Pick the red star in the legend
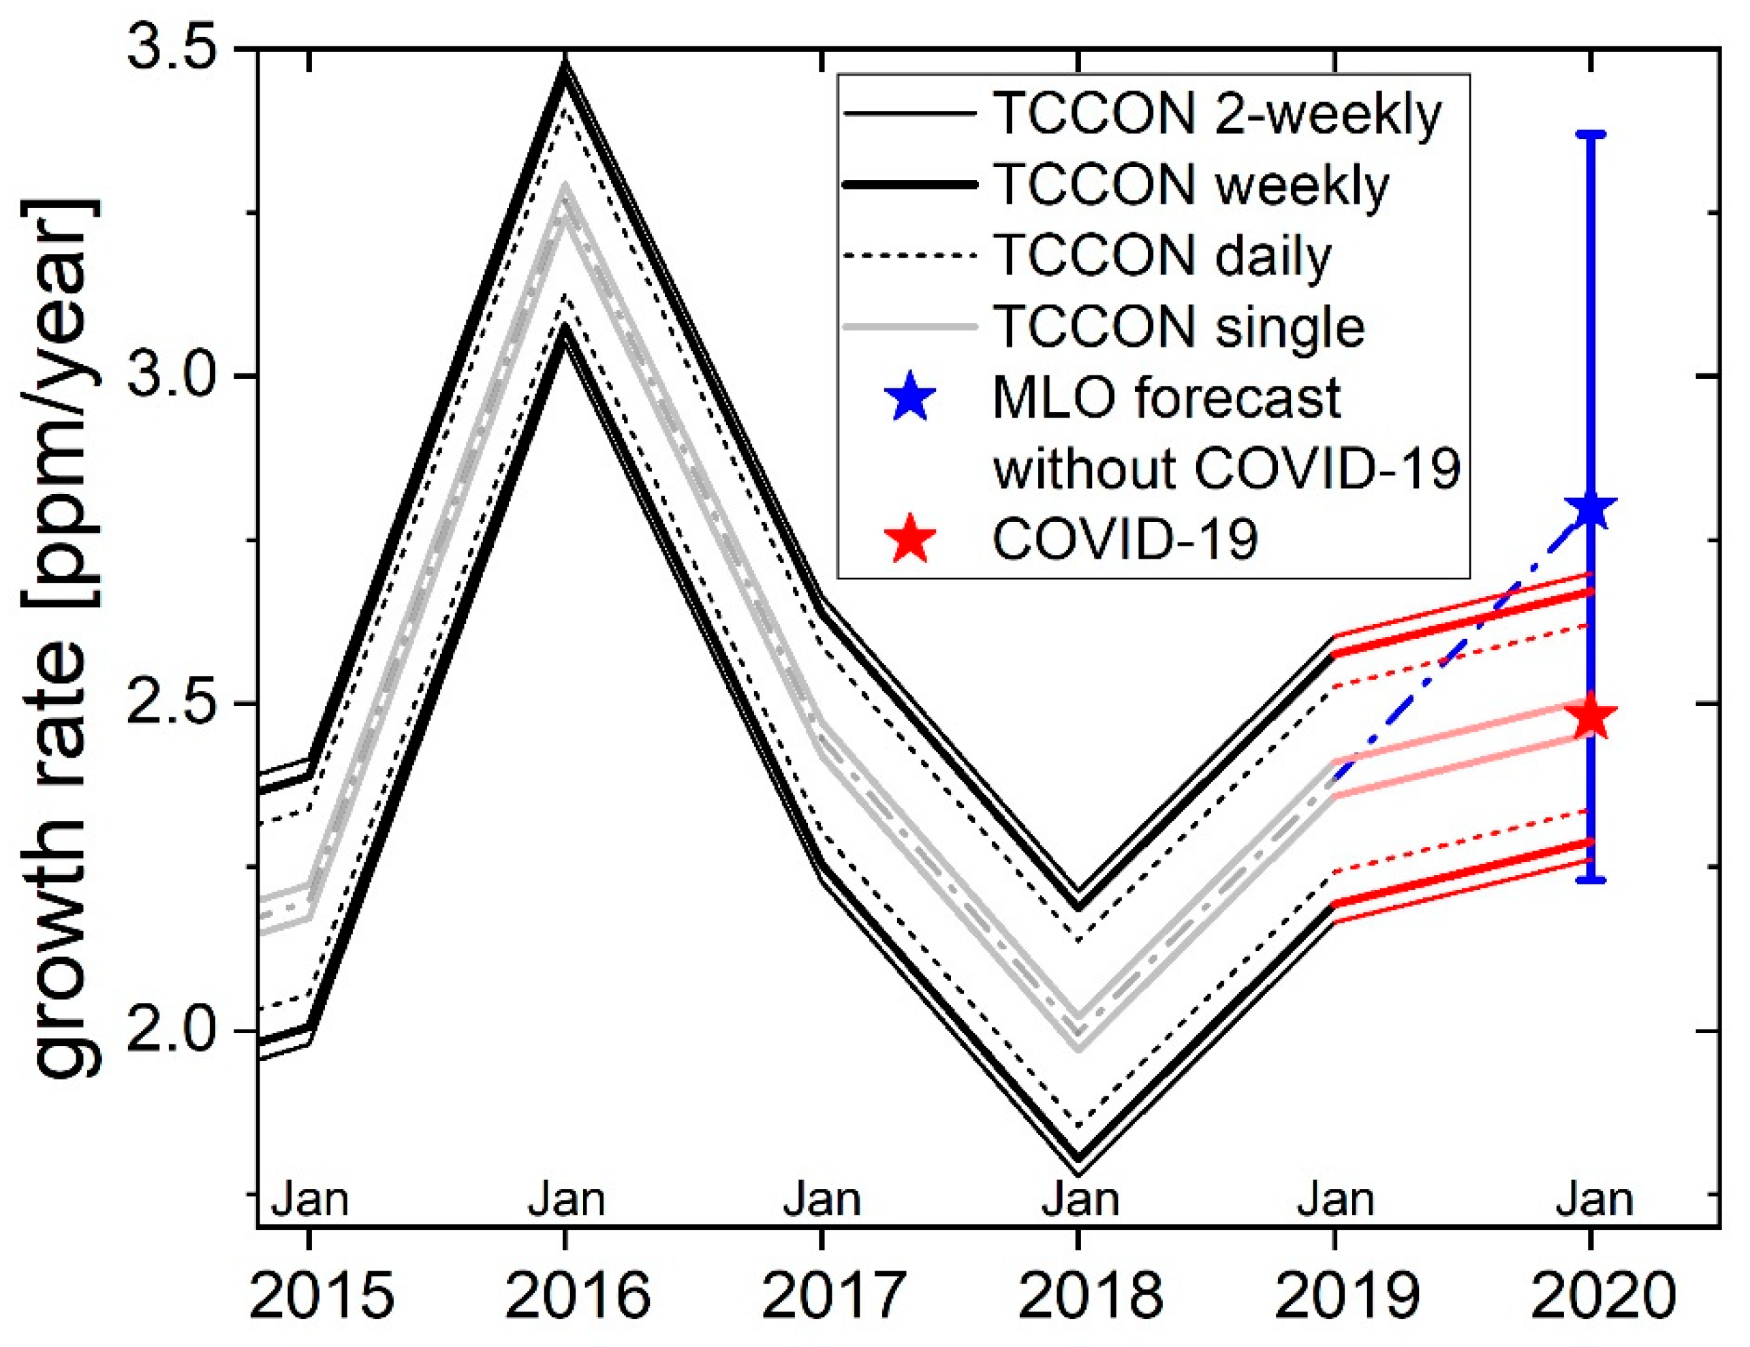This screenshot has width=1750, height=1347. click(911, 540)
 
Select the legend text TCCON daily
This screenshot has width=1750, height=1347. click(1162, 256)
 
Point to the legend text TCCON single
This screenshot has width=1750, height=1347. click(1178, 327)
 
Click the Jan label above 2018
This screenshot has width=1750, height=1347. click(1080, 1201)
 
